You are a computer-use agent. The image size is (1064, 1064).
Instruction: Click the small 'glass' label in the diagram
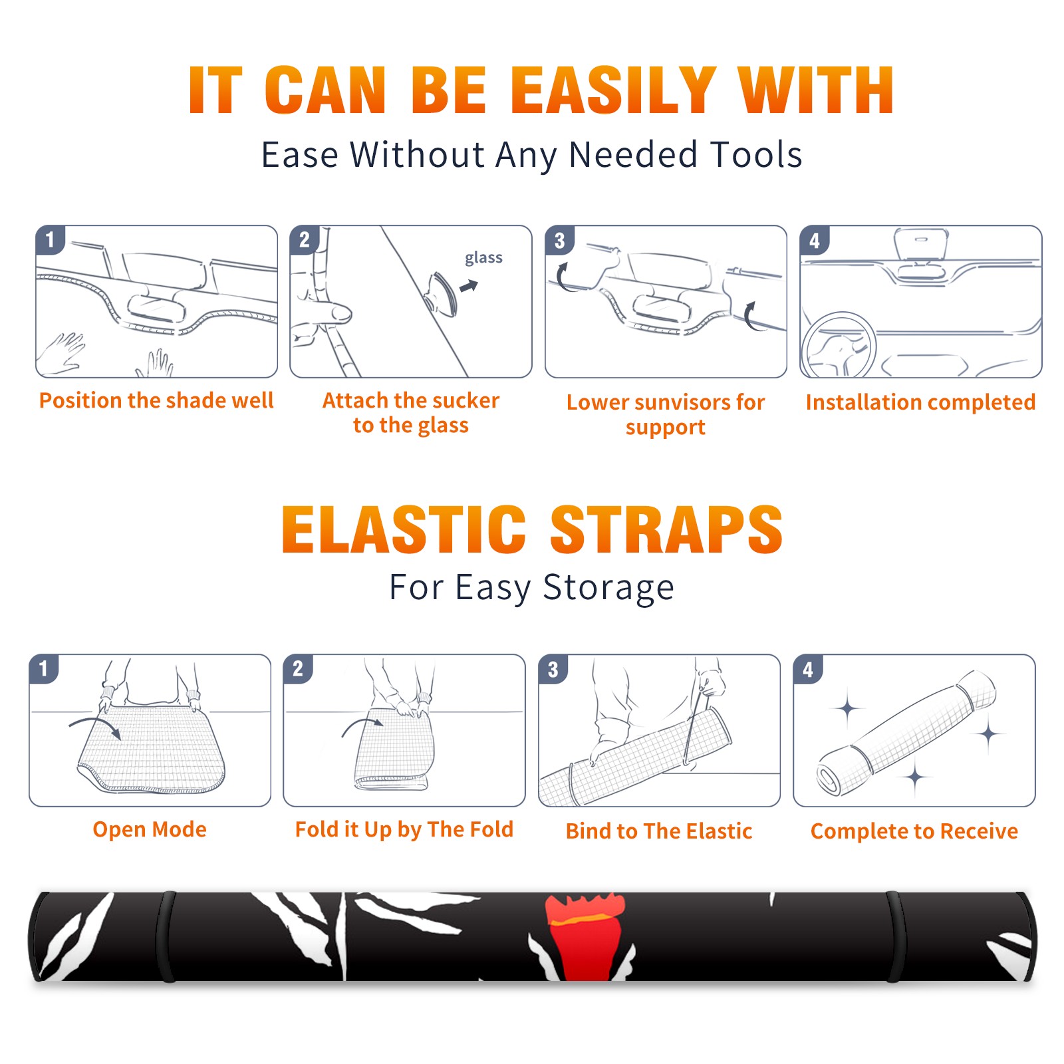(x=483, y=258)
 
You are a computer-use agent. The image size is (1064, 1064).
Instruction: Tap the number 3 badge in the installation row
(x=559, y=241)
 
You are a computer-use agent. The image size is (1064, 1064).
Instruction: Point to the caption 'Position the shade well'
(x=156, y=400)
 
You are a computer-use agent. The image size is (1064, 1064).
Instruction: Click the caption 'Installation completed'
(x=920, y=402)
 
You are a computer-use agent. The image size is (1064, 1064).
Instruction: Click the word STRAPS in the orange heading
(x=666, y=529)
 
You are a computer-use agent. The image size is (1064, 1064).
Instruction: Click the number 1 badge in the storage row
(x=44, y=669)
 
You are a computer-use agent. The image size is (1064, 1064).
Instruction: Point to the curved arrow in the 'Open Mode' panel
(x=95, y=725)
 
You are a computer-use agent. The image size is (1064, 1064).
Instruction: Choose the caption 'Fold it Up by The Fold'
(x=404, y=829)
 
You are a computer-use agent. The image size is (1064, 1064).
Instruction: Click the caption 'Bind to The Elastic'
(x=659, y=831)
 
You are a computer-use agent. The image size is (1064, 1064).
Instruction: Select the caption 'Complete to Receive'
(x=914, y=831)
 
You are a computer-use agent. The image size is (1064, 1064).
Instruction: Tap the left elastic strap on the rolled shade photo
(x=166, y=936)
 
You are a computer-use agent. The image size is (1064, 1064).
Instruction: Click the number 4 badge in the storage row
(x=808, y=669)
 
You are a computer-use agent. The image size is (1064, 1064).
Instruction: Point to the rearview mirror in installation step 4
(x=921, y=244)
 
